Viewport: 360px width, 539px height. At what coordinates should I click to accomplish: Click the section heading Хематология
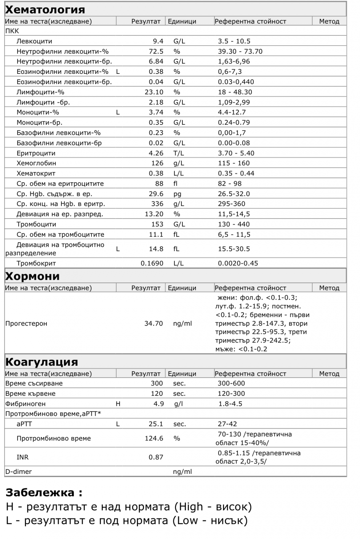[x=45, y=9]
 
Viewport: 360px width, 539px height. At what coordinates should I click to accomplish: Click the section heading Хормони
[x=32, y=276]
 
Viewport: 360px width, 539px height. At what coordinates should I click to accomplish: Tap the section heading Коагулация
[x=42, y=362]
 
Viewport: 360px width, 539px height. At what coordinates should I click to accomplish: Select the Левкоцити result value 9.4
[x=158, y=41]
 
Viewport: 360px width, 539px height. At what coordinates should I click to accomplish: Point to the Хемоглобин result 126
[x=157, y=163]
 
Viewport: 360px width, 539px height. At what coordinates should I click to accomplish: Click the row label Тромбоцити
[x=36, y=224]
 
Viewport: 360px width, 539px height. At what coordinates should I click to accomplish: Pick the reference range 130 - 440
[x=234, y=224]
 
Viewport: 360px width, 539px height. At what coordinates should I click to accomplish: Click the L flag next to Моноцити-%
[x=118, y=112]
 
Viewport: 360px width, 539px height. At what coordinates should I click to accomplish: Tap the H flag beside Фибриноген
[x=118, y=403]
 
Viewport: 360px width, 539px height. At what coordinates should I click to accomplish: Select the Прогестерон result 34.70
[x=154, y=324]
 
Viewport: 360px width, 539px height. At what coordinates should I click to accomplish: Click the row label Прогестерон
[x=26, y=324]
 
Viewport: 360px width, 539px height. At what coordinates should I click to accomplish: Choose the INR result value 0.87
[x=156, y=457]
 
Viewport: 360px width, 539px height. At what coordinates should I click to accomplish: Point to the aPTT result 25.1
[x=156, y=424]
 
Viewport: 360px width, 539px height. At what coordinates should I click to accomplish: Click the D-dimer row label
[x=19, y=472]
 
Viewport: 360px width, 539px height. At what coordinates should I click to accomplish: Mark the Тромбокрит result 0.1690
[x=152, y=263]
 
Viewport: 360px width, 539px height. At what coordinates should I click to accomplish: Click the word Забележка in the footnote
[x=40, y=493]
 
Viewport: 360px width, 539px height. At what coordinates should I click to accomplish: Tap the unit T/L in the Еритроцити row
[x=179, y=153]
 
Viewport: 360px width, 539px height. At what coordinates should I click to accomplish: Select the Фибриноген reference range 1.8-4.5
[x=230, y=403]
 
